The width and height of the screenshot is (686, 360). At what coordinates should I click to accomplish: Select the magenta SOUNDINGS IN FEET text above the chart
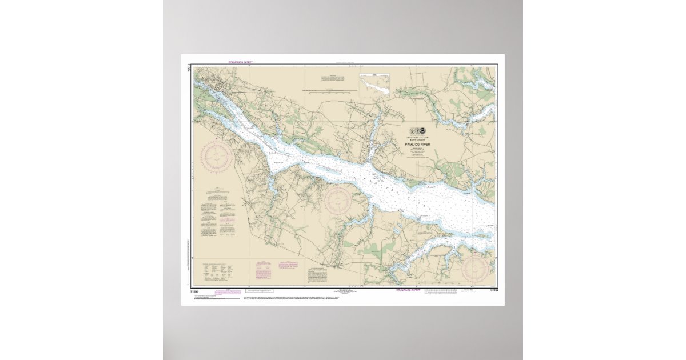(x=240, y=62)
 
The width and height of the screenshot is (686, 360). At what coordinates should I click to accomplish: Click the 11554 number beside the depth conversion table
(x=492, y=291)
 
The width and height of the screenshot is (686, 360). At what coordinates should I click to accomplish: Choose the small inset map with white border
(x=374, y=84)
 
